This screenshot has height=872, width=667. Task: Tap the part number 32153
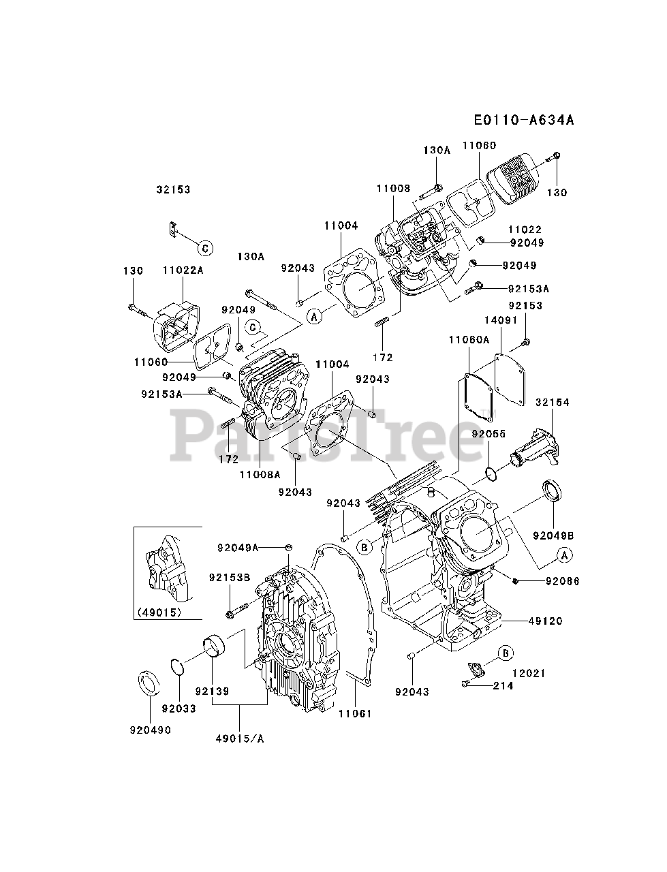tap(173, 190)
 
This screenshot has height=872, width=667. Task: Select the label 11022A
tap(183, 270)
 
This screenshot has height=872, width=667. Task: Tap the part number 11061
tap(356, 713)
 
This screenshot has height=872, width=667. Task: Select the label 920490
tap(151, 730)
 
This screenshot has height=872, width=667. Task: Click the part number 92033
tap(179, 708)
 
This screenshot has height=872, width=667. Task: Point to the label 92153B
tap(229, 578)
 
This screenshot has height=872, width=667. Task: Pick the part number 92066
tap(563, 580)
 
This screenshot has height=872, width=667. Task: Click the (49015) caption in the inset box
tap(158, 612)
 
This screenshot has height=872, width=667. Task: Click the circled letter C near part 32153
tap(206, 247)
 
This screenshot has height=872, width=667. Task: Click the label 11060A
tap(469, 339)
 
